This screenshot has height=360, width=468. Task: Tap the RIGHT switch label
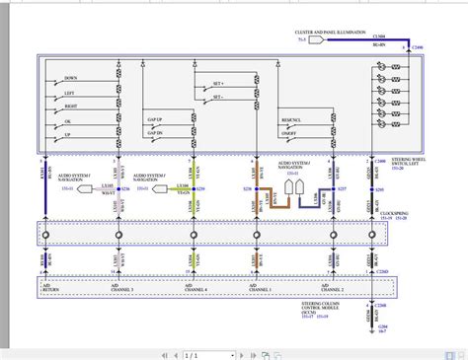[x=70, y=104]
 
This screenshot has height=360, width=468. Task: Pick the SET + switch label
[x=215, y=85]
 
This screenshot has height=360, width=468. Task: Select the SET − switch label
[x=215, y=99]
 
